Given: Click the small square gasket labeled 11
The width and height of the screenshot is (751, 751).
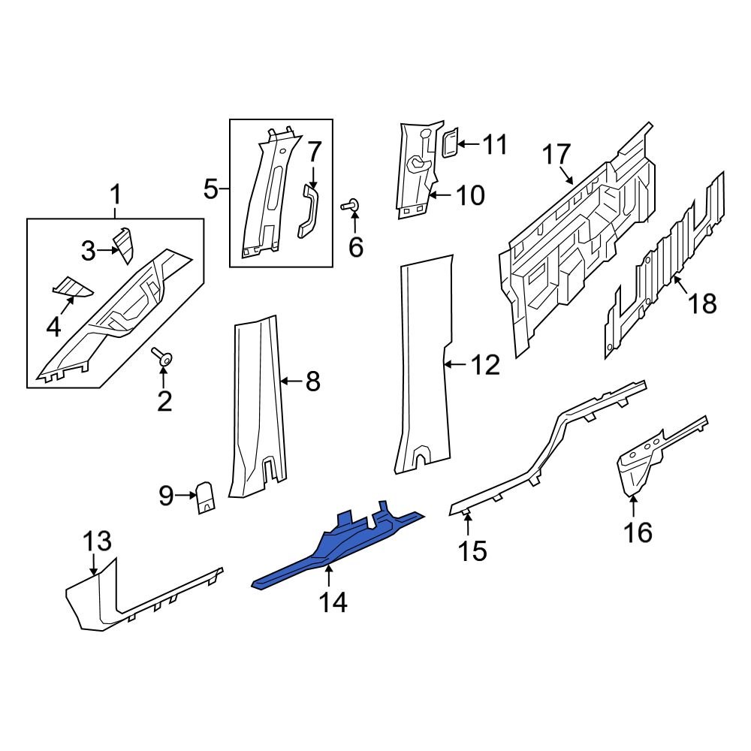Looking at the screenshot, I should (448, 143).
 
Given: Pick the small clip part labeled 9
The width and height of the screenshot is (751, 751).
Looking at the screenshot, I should (204, 496).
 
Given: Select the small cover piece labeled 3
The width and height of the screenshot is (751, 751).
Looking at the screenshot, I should (122, 245).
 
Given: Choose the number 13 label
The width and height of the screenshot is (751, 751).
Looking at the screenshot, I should (97, 541).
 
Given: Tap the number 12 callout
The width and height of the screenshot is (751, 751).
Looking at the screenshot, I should (484, 366).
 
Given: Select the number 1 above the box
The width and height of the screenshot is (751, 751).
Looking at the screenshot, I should (116, 197).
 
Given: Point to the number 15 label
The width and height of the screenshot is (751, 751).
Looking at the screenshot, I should (472, 551).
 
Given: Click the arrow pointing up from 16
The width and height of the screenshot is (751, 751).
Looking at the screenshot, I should (633, 506).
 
